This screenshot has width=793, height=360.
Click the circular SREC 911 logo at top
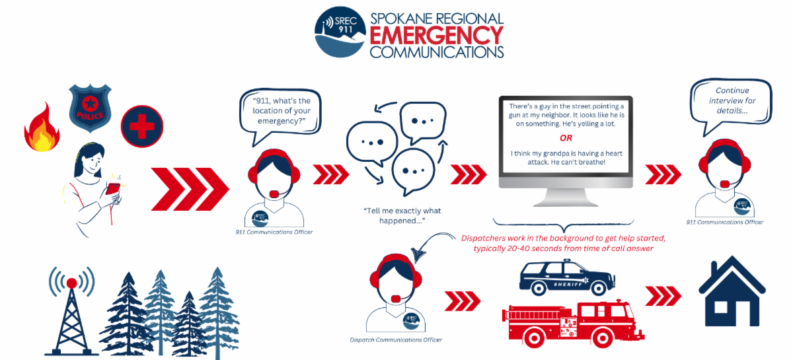tap(341, 32)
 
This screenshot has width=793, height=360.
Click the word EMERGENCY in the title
tap(437, 35)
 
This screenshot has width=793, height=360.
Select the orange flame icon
tap(42, 128)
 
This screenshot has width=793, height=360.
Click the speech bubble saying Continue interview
tap(732, 102)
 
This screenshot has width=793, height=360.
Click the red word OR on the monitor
tap(566, 139)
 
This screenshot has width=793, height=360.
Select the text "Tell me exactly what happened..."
tap(402, 216)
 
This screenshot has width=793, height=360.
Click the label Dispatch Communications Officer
tap(396, 340)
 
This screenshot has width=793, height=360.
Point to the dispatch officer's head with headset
tap(397, 281)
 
